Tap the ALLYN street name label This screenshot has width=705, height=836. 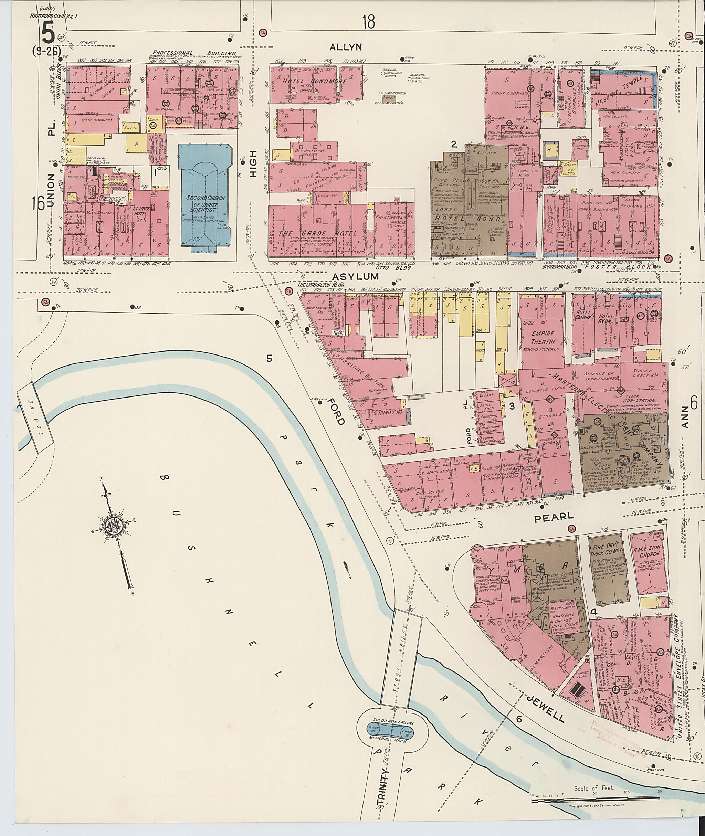(346, 47)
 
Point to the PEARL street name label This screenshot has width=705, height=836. (554, 517)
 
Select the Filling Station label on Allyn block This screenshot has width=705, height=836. (394, 93)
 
